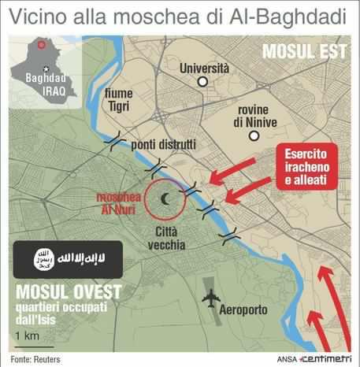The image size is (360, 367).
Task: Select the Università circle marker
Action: coord(202,82)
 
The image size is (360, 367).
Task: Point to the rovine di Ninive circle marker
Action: coord(253,136)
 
